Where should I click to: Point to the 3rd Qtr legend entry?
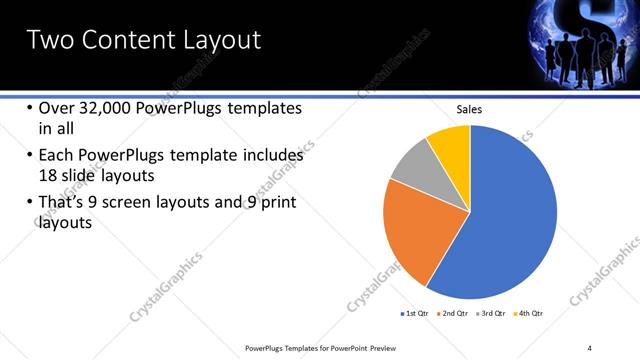pyautogui.click(x=492, y=314)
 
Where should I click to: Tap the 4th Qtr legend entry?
pyautogui.click(x=531, y=314)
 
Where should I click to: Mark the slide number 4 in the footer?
pyautogui.click(x=589, y=347)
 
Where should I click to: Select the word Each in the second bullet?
pyautogui.click(x=56, y=156)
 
